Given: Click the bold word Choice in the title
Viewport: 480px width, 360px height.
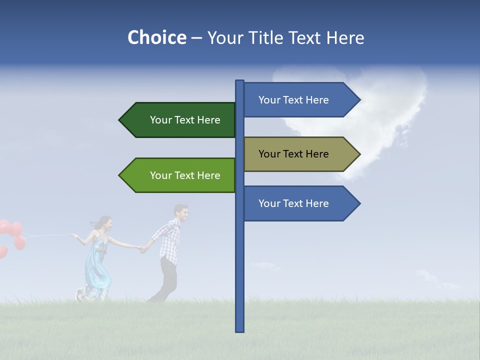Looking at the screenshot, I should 156,38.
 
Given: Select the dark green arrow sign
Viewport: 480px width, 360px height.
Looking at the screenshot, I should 180,120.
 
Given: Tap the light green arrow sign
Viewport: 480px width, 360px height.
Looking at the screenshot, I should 180,175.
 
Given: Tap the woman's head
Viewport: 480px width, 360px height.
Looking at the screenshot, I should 104,223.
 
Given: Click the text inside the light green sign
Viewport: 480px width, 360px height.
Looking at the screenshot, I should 185,175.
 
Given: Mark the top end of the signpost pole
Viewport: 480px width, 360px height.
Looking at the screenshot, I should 239,81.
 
